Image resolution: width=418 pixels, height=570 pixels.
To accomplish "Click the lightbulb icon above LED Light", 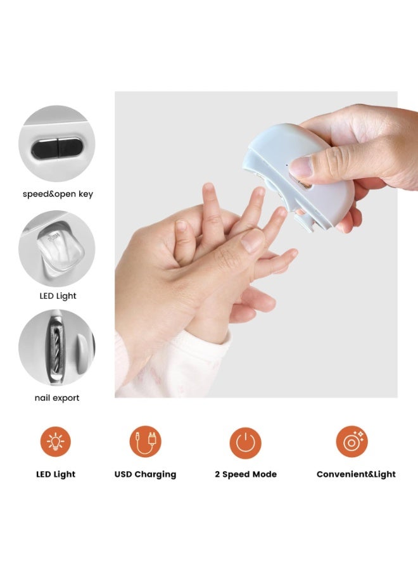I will (56, 441).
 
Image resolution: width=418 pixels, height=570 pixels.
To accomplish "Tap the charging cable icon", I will (146, 441).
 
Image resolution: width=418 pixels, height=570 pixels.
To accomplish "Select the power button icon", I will (245, 441).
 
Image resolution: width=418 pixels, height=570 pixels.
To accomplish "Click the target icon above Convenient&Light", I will (352, 441).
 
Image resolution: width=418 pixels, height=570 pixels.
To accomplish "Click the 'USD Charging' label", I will (146, 474).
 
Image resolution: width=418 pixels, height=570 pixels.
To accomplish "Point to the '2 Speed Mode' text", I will (245, 474).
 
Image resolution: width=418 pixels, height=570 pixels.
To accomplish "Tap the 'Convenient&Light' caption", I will (356, 474).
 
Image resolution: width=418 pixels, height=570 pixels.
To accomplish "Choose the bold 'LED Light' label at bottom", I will (56, 474).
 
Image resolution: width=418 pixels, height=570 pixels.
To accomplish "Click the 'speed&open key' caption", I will (57, 194).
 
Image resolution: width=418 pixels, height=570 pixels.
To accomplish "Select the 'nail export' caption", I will (57, 398).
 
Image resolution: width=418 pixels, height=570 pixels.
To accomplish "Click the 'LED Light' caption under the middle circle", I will (57, 296).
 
